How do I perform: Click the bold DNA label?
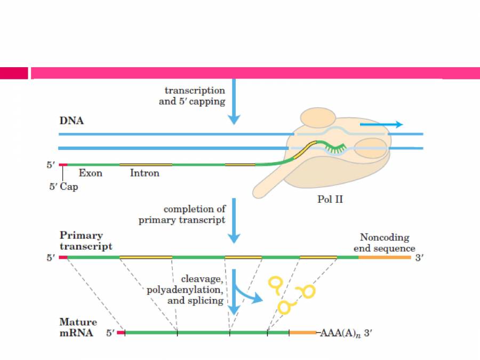pos(71,121)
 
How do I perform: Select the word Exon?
pos(90,173)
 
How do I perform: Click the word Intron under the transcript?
pos(145,173)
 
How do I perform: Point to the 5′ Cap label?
pos(63,187)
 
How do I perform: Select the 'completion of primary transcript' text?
pos(182,214)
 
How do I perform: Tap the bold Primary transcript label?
pos(85,241)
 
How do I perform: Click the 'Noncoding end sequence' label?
pos(384,243)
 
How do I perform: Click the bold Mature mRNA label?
pos(78,327)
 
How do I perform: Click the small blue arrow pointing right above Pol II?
pos(381,124)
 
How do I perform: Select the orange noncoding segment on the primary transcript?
pos(384,258)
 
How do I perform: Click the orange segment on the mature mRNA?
pos(302,332)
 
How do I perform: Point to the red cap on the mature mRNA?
pos(121,332)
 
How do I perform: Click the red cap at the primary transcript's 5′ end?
pos(63,258)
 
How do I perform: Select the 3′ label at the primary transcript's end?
pos(419,258)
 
